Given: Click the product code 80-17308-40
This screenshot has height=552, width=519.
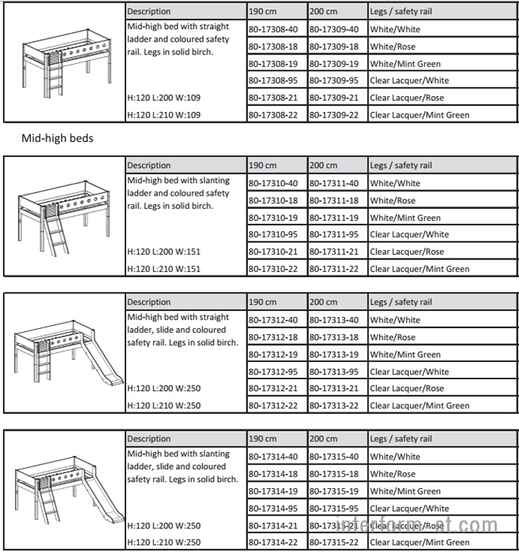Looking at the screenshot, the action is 273,29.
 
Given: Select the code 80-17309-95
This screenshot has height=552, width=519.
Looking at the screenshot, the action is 334,80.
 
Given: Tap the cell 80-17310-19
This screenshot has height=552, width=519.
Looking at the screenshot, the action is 273,218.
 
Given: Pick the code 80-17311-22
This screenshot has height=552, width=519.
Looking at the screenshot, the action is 334,269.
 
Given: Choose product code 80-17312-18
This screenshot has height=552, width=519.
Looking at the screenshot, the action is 273,338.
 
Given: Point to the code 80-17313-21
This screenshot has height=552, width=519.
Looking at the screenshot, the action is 334,388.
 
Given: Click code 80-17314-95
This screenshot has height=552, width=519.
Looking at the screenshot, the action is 273,509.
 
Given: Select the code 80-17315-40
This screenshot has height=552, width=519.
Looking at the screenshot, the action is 334,457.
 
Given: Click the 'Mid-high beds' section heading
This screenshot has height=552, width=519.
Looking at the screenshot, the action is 58,138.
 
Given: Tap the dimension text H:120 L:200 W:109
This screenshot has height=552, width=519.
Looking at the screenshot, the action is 164,98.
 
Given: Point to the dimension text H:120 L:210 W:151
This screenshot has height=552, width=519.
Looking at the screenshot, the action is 164,269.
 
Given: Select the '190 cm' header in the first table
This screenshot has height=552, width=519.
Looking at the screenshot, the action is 263,12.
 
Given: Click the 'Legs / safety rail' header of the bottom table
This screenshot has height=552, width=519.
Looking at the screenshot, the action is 401,438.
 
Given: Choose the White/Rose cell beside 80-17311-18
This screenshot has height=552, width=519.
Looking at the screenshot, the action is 393,200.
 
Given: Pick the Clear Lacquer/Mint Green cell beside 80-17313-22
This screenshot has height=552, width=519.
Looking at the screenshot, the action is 420,405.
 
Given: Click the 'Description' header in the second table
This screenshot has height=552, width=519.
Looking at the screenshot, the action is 148,166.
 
